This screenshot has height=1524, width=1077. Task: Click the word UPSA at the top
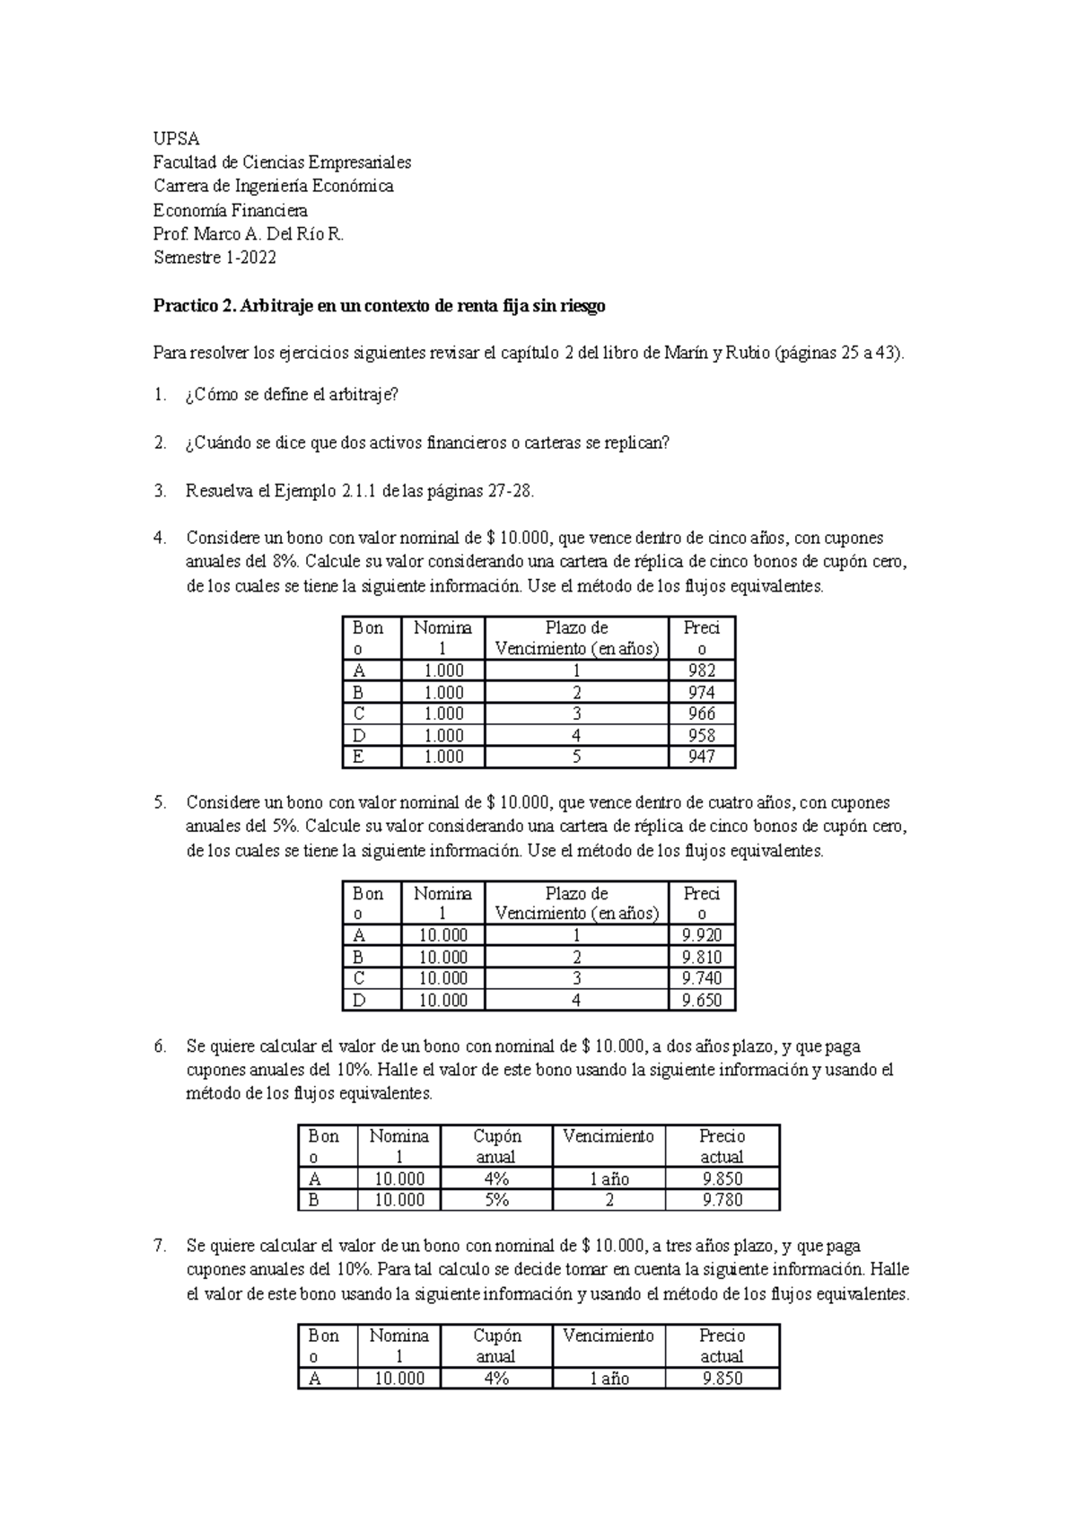pyautogui.click(x=176, y=138)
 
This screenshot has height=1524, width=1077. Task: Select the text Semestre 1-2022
pyautogui.click(x=215, y=258)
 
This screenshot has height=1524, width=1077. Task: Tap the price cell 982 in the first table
pyautogui.click(x=701, y=670)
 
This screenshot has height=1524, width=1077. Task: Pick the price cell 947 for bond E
pyautogui.click(x=701, y=757)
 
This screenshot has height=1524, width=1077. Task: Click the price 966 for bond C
pyautogui.click(x=701, y=714)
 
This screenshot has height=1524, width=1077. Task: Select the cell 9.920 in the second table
pyautogui.click(x=701, y=935)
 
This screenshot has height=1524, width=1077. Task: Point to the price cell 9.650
pyautogui.click(x=701, y=1000)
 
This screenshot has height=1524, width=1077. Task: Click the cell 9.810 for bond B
pyautogui.click(x=701, y=957)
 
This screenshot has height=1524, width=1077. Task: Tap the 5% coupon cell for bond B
pyautogui.click(x=496, y=1200)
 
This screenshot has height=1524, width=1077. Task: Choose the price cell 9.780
pyautogui.click(x=722, y=1200)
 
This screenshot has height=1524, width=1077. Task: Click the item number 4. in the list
pyautogui.click(x=160, y=539)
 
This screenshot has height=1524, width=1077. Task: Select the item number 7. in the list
pyautogui.click(x=160, y=1246)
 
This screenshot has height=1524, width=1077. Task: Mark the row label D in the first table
pyautogui.click(x=359, y=735)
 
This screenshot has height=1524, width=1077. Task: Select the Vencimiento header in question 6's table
pyautogui.click(x=609, y=1136)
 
